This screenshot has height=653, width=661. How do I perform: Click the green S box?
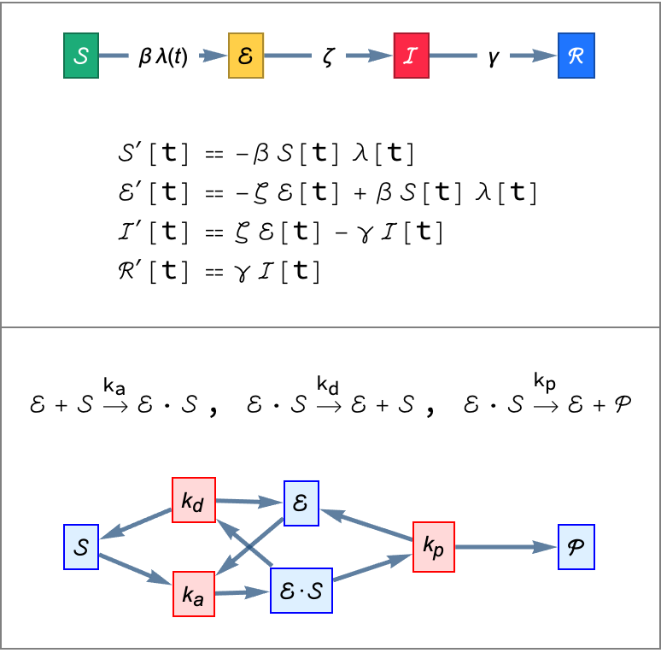82,56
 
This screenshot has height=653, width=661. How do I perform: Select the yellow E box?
247,56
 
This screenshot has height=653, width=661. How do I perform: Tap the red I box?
412,56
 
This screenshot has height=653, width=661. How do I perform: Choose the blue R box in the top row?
576,56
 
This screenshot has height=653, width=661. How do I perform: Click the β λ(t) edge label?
164,57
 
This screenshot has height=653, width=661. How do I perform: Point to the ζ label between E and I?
329,58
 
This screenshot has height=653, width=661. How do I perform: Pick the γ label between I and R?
494,58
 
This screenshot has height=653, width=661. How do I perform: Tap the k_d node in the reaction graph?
193,500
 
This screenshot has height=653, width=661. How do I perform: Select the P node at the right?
576,547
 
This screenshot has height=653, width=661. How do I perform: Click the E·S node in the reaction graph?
301,591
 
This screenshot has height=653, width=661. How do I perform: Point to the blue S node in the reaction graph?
82,547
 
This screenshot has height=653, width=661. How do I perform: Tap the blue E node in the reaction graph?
301,503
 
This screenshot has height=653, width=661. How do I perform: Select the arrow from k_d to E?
249,502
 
